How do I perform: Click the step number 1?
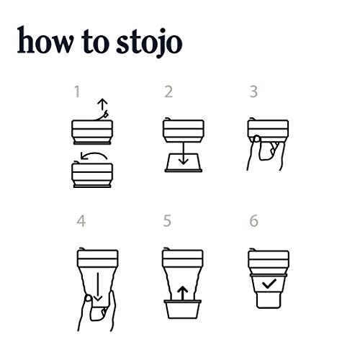[77, 92]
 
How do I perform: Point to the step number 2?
[168, 92]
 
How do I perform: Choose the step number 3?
[253, 92]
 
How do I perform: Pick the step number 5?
[168, 222]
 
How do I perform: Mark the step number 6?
[253, 222]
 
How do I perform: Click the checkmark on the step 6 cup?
[267, 287]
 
